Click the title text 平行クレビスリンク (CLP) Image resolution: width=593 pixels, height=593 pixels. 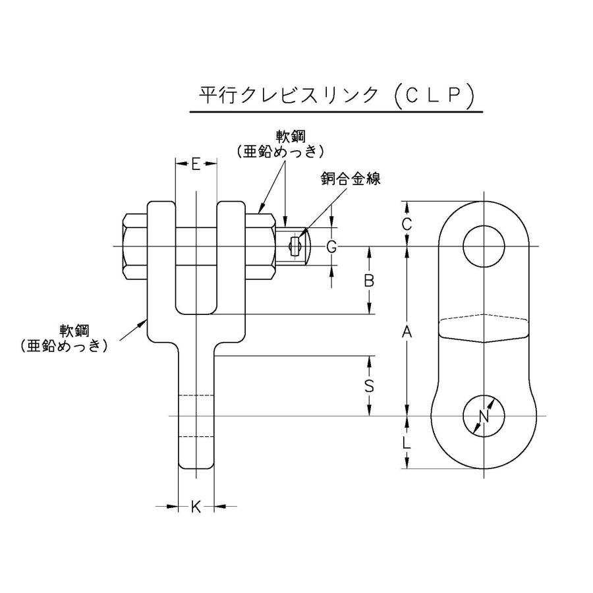coord(337,96)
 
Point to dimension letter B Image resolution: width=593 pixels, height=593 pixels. coord(370,280)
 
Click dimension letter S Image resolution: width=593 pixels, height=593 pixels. coord(370,386)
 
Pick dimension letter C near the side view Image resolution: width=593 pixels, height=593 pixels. coord(407,223)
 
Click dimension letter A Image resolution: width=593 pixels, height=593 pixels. coord(407,333)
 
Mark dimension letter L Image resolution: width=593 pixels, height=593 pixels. coord(407,443)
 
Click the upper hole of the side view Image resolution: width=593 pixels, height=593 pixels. coord(484,246)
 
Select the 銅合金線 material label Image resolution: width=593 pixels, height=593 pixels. coord(351,179)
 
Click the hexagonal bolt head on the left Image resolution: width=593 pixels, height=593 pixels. coord(134,246)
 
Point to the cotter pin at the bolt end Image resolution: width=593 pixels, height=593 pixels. coord(295,246)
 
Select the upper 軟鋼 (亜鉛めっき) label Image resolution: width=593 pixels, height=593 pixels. coord(281,144)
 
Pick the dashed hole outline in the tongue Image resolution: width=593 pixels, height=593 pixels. coord(196,416)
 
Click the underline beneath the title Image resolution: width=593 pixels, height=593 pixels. coord(337,113)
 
